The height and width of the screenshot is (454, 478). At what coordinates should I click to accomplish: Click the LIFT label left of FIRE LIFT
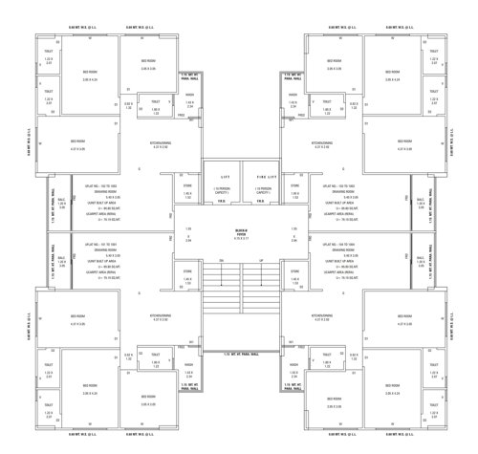(226, 177)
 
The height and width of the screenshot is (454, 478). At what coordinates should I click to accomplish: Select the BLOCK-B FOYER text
(240, 232)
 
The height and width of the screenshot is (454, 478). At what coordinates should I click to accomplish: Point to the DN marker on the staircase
(221, 260)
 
